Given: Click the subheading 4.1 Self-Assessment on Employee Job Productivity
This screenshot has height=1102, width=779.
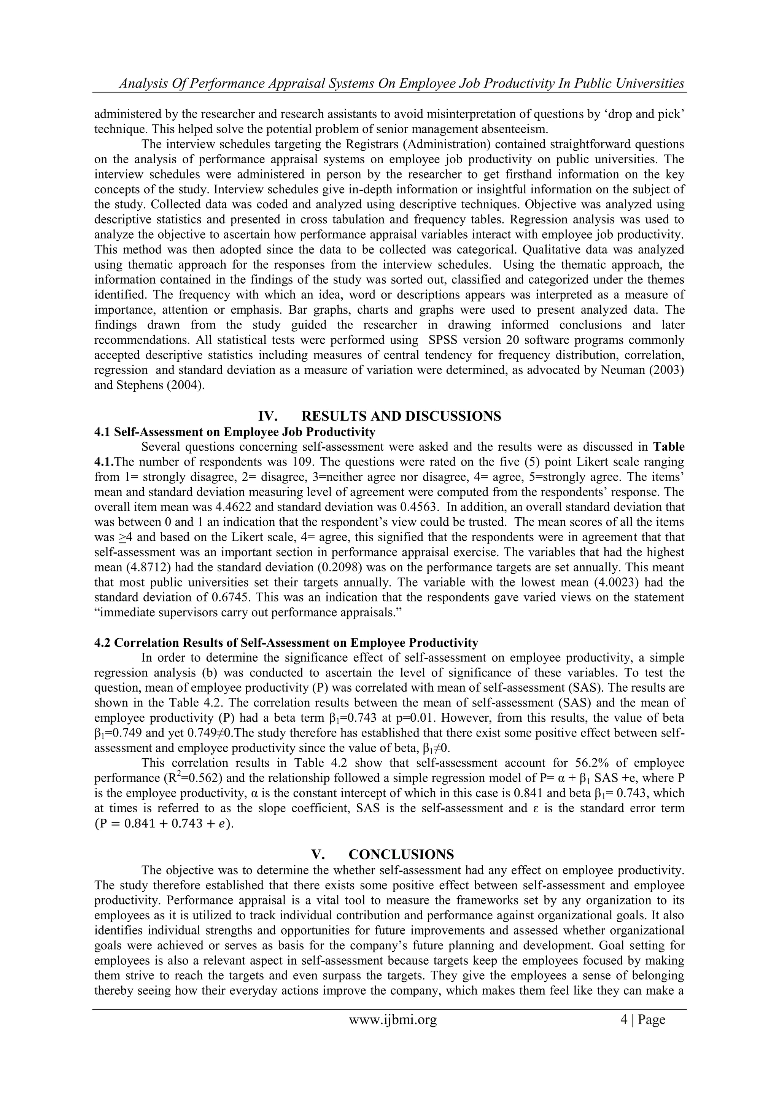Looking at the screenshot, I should tap(235, 432).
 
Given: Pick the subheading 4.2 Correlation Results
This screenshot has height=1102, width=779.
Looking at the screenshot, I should tap(286, 643).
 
